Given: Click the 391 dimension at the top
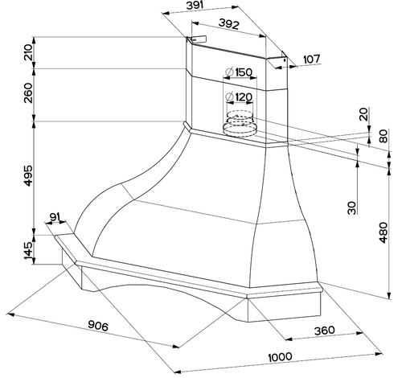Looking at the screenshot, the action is click(195, 6).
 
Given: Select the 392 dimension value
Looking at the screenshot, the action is click(228, 24).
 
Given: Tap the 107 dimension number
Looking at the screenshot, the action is click(312, 60).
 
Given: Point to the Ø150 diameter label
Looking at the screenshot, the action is click(239, 72).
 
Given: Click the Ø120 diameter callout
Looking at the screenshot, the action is click(239, 97).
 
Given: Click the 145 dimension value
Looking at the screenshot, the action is click(28, 251).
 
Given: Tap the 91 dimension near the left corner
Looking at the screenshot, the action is click(55, 217).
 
